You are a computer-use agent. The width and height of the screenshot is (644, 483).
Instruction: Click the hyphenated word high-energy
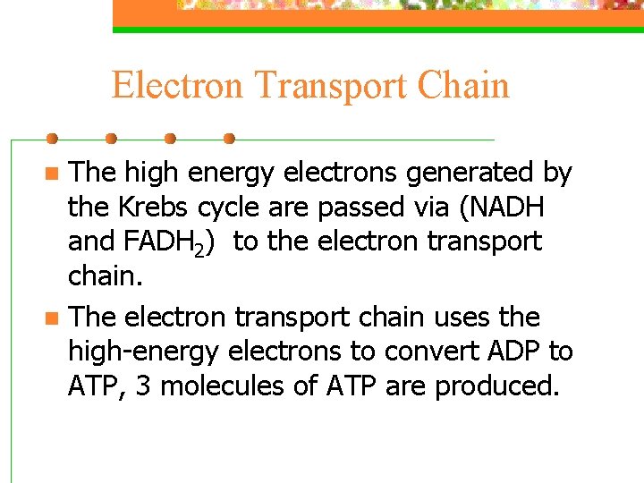click(x=143, y=352)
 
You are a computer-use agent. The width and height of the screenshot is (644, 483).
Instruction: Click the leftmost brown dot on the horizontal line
click(x=52, y=139)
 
